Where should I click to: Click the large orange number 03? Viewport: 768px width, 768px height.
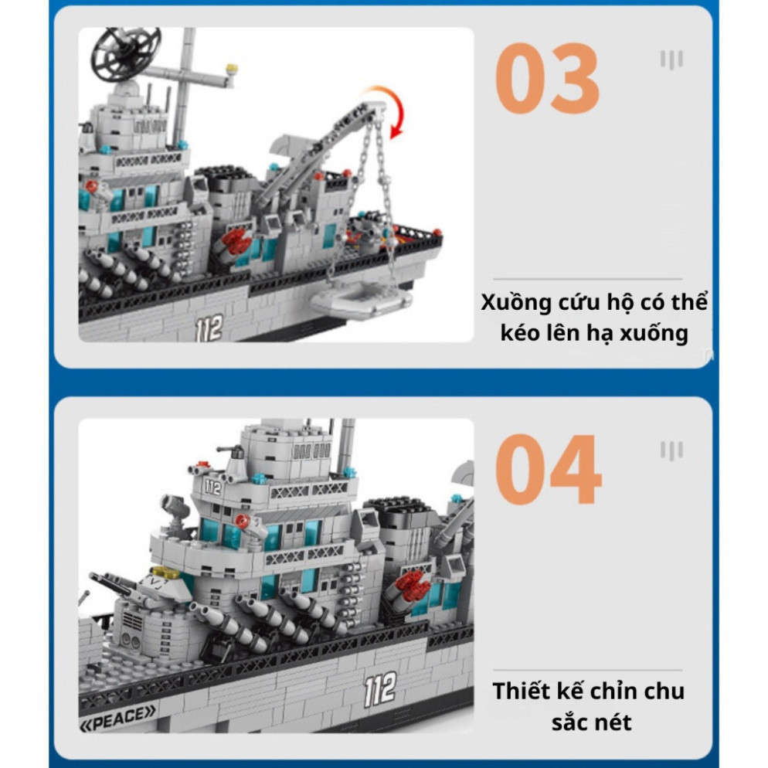click(547, 78)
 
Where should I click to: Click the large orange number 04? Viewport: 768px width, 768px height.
click(548, 469)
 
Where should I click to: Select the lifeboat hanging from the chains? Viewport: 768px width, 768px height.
click(361, 302)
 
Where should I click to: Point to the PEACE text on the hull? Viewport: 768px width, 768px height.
click(118, 719)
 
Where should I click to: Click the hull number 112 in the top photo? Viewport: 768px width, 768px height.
click(209, 328)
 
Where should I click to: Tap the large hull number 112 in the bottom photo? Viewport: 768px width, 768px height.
click(381, 690)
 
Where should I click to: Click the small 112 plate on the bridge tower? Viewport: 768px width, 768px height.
click(212, 488)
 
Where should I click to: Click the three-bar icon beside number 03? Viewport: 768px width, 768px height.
click(671, 59)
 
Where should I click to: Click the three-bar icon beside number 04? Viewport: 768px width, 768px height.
click(671, 451)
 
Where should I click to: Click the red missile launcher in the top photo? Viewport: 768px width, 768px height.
click(236, 241)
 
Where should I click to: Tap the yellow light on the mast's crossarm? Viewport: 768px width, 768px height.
click(231, 69)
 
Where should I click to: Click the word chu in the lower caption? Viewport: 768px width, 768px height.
click(664, 691)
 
